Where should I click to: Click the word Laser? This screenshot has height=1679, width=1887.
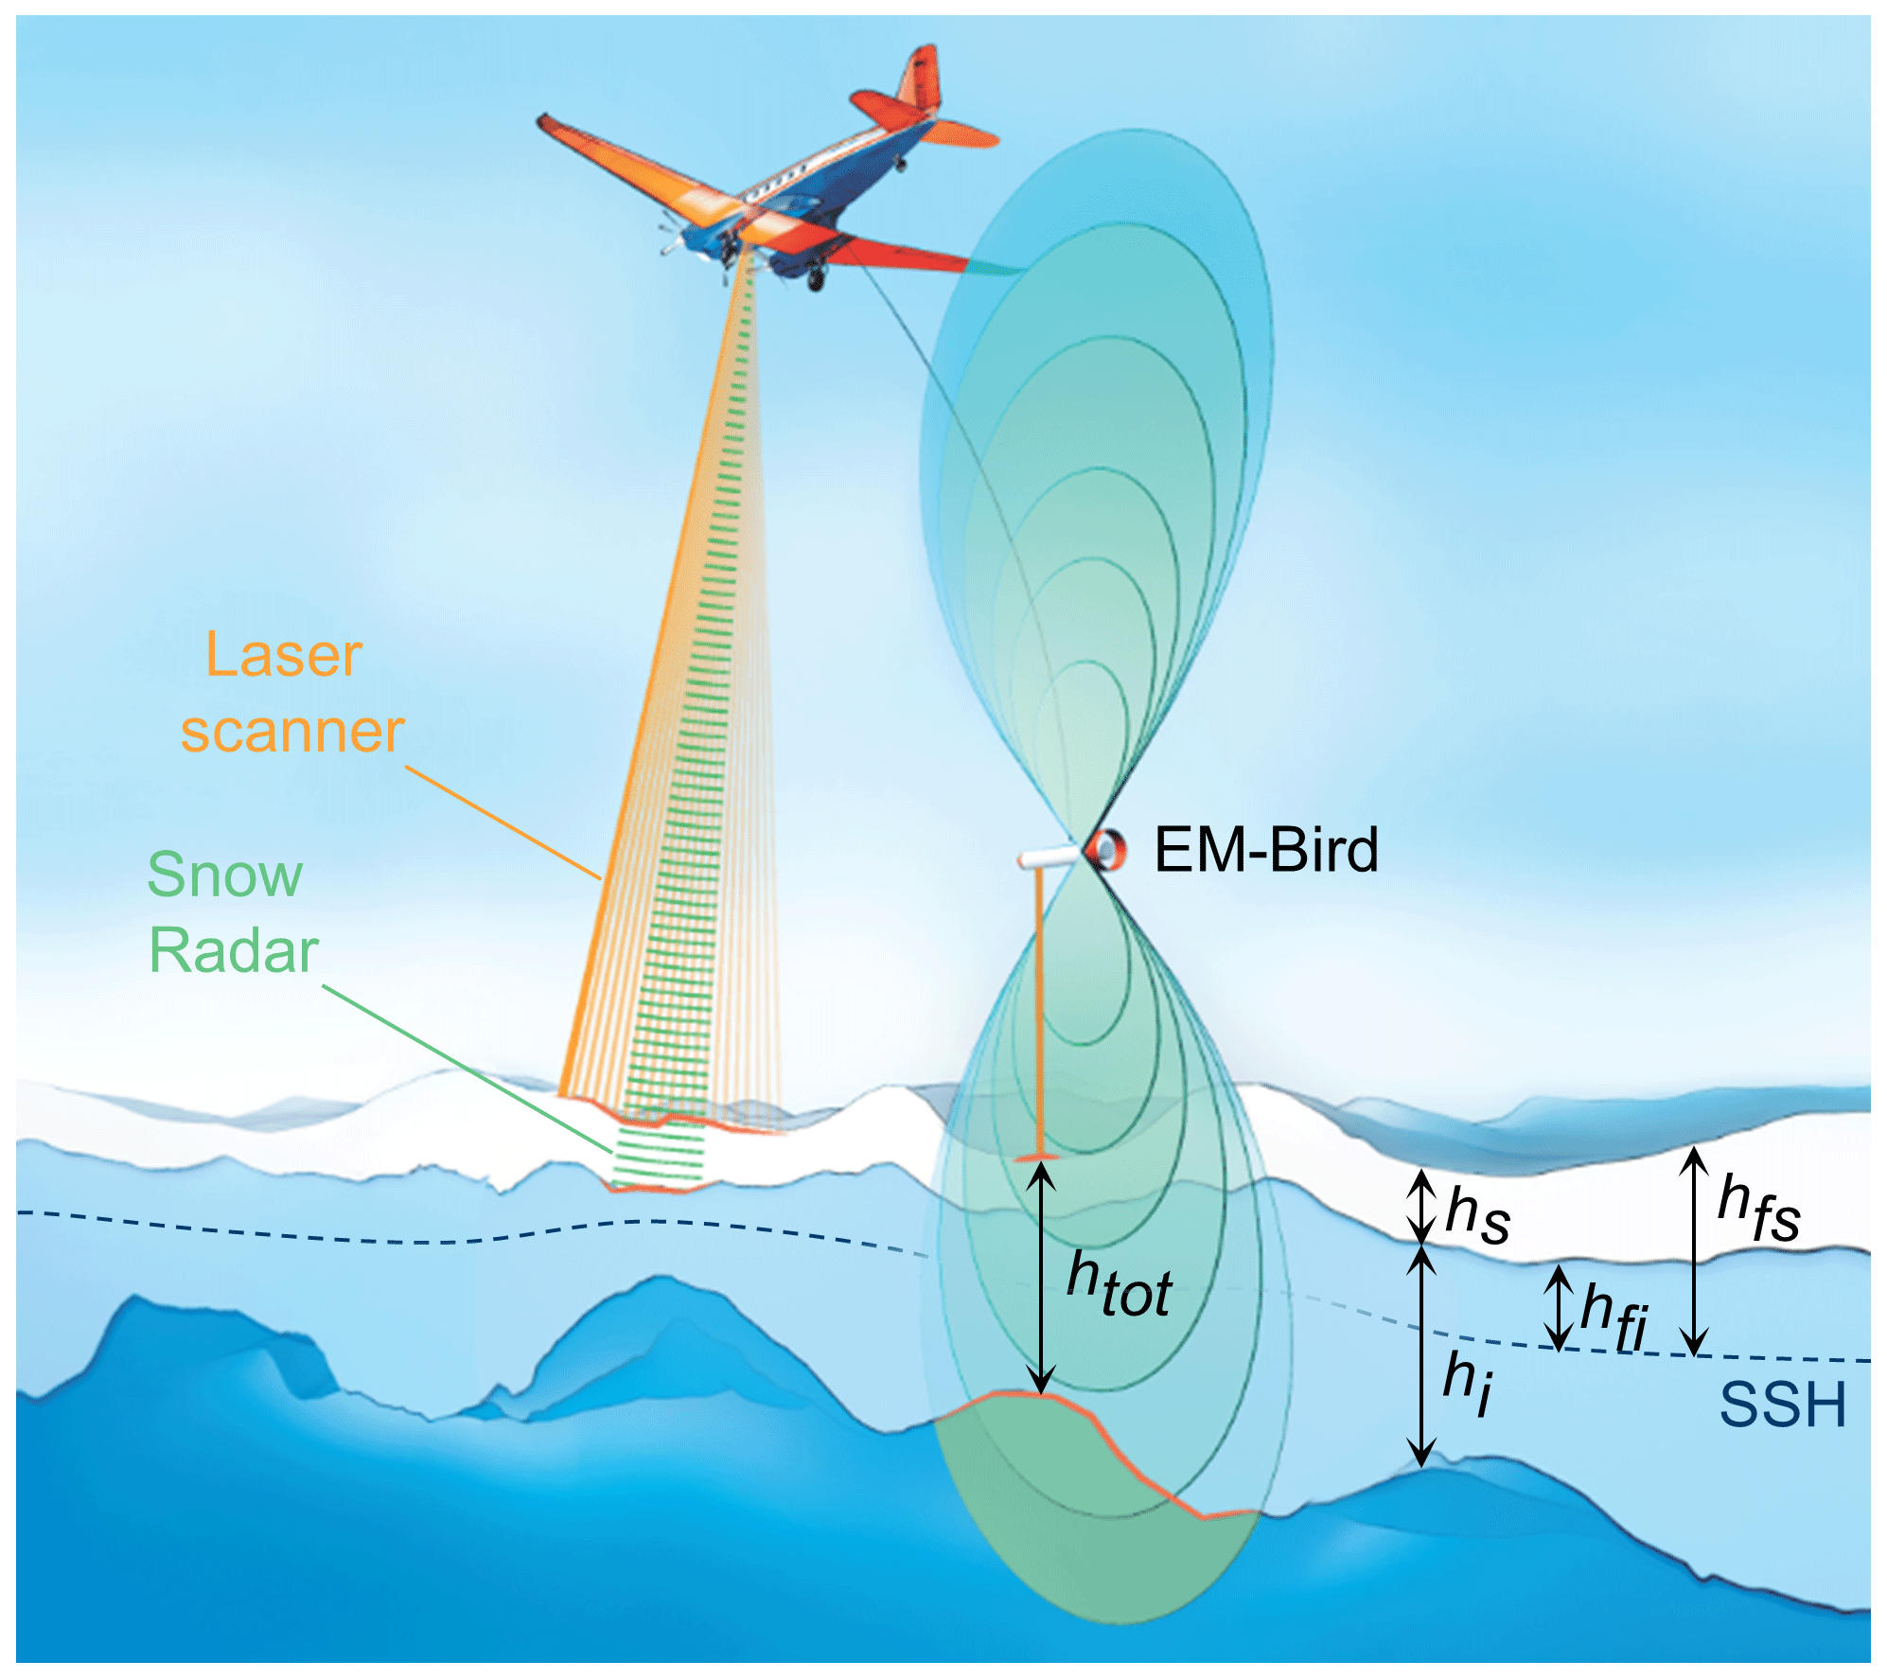click(284, 655)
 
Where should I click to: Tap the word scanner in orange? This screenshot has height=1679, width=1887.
click(292, 732)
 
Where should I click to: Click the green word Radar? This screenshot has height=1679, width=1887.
click(234, 950)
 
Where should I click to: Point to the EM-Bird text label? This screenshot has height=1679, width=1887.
click(1266, 850)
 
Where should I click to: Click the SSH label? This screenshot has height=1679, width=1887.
click(1782, 1405)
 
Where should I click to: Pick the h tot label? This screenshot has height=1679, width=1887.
click(1119, 1285)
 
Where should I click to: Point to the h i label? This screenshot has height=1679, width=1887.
click(1468, 1381)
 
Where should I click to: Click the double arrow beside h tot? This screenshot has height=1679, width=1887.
click(1041, 1277)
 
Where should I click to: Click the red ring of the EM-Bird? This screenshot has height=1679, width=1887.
click(1105, 849)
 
